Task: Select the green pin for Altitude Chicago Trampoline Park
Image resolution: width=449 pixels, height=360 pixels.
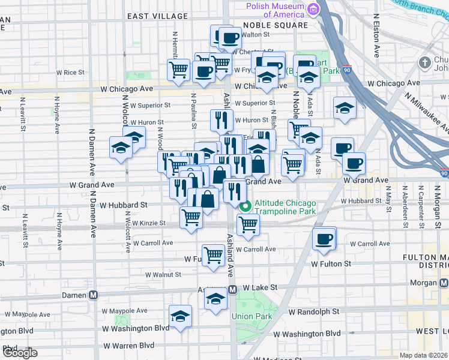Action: coord(246,206)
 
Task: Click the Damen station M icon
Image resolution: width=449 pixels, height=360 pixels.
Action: coord(94,295)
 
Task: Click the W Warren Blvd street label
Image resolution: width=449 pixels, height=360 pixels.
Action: coord(129,346)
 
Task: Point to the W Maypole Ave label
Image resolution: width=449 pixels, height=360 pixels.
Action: coord(124,311)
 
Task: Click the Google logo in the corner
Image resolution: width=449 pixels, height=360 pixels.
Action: coord(19,353)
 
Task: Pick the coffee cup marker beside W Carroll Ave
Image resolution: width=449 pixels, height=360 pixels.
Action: coord(325,238)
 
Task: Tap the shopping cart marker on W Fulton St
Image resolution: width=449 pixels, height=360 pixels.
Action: coord(214,255)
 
